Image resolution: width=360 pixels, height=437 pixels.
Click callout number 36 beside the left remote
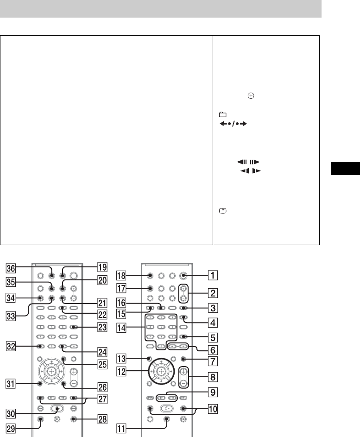11,267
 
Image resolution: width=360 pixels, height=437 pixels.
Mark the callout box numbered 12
122,372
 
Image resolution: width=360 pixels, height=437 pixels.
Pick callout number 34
11,298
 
